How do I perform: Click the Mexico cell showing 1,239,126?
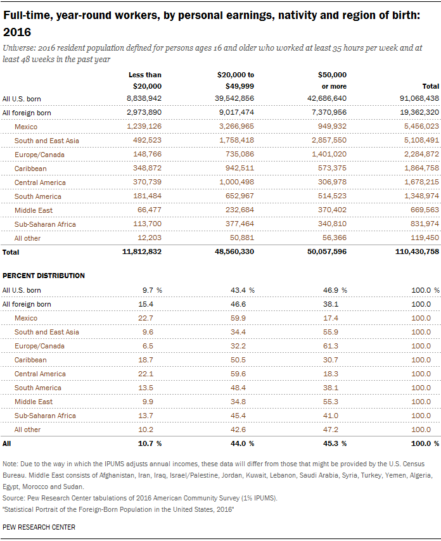(144, 126)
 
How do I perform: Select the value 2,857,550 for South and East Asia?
(329, 140)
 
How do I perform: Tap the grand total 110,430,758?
(417, 251)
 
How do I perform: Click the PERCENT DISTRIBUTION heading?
(44, 276)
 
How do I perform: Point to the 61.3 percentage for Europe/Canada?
(331, 346)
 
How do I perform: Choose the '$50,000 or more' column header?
(332, 80)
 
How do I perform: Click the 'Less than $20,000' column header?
(145, 80)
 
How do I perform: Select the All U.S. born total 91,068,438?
(419, 98)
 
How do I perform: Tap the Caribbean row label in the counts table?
(30, 169)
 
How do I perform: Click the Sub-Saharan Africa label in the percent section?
(45, 416)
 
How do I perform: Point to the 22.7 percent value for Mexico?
(146, 318)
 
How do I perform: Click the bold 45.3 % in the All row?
(335, 443)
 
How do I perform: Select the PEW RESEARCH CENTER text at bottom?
(39, 527)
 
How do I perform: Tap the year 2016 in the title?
(17, 32)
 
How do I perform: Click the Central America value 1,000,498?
(236, 182)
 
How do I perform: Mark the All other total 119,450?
(425, 238)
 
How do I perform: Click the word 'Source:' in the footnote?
(13, 498)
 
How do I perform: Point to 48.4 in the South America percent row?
(238, 388)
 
